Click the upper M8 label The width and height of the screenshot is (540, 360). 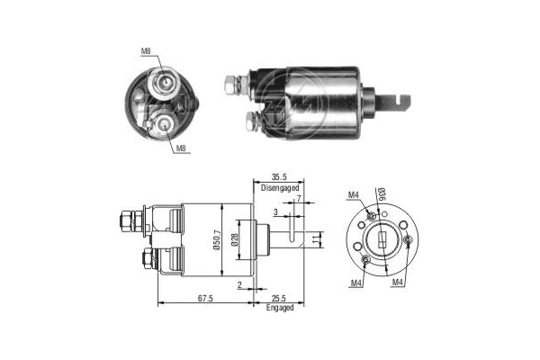pyautogui.click(x=146, y=52)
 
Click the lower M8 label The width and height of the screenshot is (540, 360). pyautogui.click(x=181, y=148)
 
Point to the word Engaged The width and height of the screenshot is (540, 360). pyautogui.click(x=281, y=307)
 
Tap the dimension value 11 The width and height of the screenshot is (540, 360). pyautogui.click(x=316, y=240)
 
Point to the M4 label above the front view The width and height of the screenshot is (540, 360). pyautogui.click(x=354, y=195)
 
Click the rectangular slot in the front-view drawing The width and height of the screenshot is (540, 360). pyautogui.click(x=382, y=240)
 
